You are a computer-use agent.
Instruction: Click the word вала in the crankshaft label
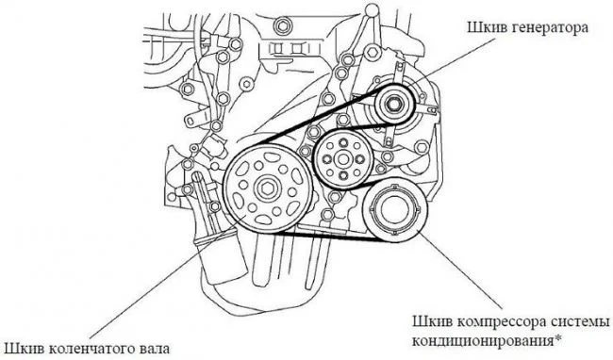(156, 349)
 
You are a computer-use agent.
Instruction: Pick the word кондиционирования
(483, 340)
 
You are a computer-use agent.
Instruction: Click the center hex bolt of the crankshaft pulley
(268, 188)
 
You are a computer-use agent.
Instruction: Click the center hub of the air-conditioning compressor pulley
(394, 210)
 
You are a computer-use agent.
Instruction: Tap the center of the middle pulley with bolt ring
(343, 159)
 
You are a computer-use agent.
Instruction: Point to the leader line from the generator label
(454, 61)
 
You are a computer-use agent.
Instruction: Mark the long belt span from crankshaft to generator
(318, 116)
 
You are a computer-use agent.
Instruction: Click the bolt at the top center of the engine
(281, 26)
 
